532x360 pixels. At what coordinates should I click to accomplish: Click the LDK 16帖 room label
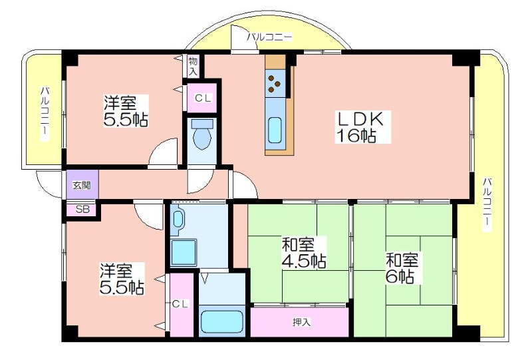362,126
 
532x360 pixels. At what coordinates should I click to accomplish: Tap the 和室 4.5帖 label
304,253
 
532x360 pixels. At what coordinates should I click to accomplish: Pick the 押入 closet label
302,322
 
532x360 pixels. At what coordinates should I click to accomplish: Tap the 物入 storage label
193,67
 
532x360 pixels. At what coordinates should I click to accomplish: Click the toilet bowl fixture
203,135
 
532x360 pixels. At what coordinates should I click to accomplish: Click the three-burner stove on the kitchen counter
275,83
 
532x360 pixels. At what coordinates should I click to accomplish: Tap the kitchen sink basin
275,130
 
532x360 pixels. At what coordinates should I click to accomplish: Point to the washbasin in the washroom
178,219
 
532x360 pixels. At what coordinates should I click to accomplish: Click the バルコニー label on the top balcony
269,37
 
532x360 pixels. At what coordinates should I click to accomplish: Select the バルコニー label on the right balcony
487,205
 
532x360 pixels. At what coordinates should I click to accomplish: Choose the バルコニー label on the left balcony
45,114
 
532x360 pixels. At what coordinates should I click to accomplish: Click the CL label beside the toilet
203,98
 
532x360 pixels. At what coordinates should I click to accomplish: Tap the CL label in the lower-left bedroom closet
180,304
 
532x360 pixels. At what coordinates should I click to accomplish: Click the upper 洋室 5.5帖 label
126,111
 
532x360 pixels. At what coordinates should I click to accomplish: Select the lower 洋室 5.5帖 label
122,279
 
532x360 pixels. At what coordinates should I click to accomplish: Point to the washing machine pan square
184,252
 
